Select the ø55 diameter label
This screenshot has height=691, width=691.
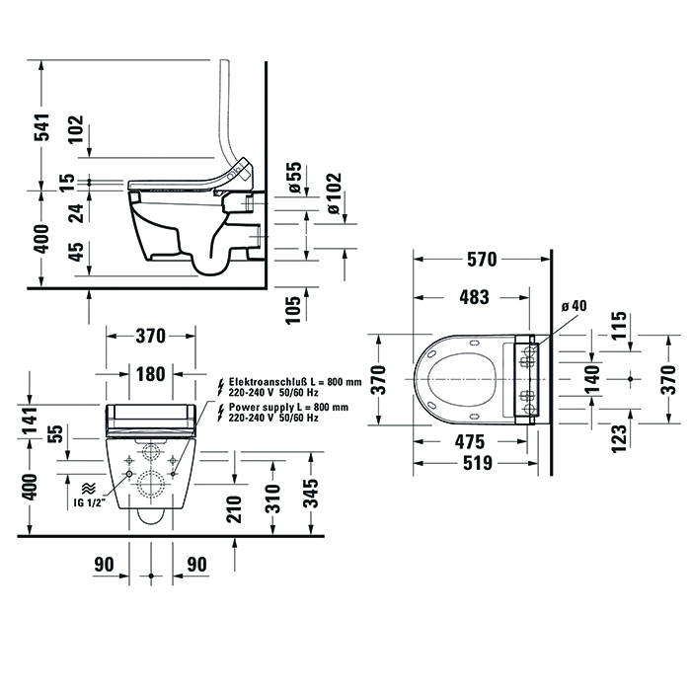tap(293, 178)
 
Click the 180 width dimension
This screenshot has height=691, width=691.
tap(150, 374)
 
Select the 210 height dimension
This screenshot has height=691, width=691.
tap(233, 509)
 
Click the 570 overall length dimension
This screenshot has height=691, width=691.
tap(481, 261)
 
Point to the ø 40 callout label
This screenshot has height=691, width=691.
tap(573, 305)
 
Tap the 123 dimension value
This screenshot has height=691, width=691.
tap(618, 436)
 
